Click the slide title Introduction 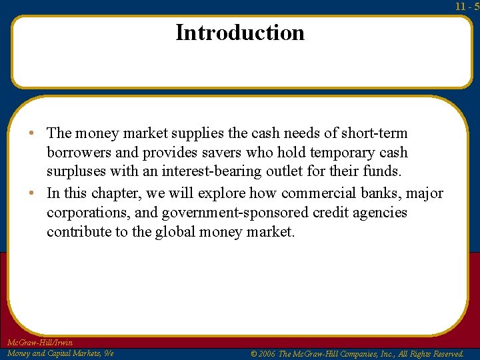(240, 32)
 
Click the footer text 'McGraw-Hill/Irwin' (39, 343)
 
